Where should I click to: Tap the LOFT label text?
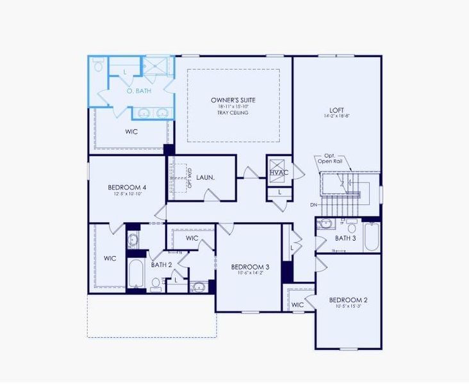[338, 110]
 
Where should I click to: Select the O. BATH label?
[139, 92]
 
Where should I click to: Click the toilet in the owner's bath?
[98, 65]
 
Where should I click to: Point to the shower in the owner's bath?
[156, 67]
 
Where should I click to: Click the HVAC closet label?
[279, 173]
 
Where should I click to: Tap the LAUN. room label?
[205, 177]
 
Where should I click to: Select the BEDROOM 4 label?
[127, 188]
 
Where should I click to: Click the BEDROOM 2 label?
[348, 300]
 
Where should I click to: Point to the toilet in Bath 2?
[156, 282]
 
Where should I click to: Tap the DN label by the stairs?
[313, 205]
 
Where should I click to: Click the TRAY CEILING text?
[233, 113]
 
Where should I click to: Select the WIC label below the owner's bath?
[131, 132]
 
